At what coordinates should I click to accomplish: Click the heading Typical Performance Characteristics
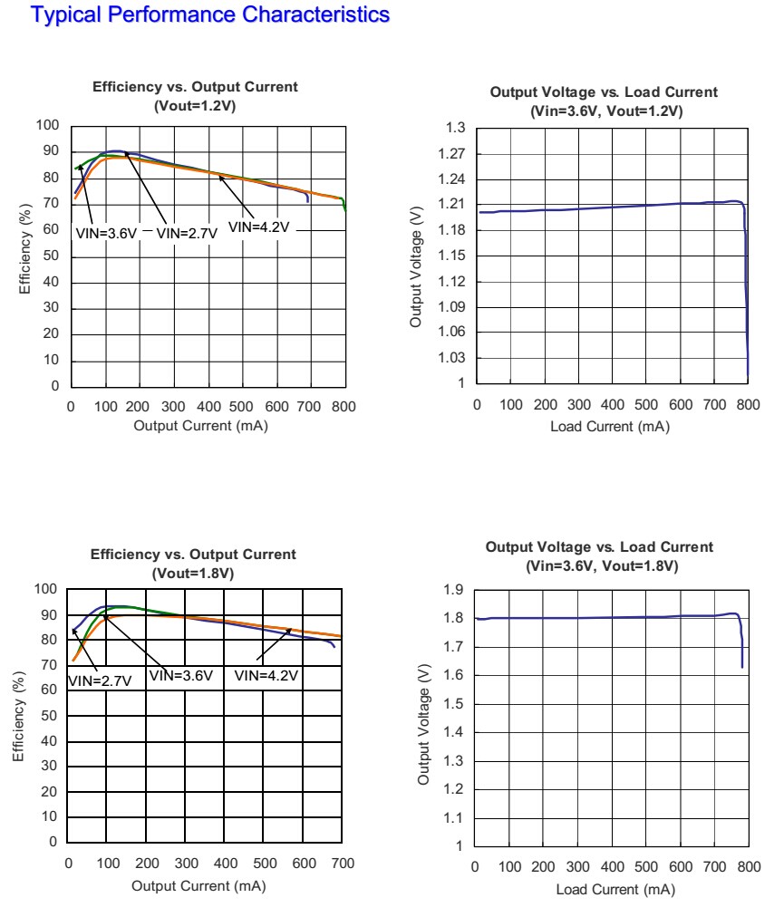(x=210, y=15)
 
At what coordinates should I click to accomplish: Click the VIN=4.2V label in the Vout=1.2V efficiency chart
(x=258, y=226)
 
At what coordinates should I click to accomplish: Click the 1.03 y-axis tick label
(x=452, y=358)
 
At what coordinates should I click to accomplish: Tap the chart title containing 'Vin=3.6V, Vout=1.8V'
(x=600, y=556)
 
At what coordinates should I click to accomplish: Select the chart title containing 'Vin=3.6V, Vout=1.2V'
(x=604, y=101)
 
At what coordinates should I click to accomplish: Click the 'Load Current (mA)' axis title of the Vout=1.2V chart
(x=610, y=427)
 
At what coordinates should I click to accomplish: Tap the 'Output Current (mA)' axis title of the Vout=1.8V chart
(x=198, y=885)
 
